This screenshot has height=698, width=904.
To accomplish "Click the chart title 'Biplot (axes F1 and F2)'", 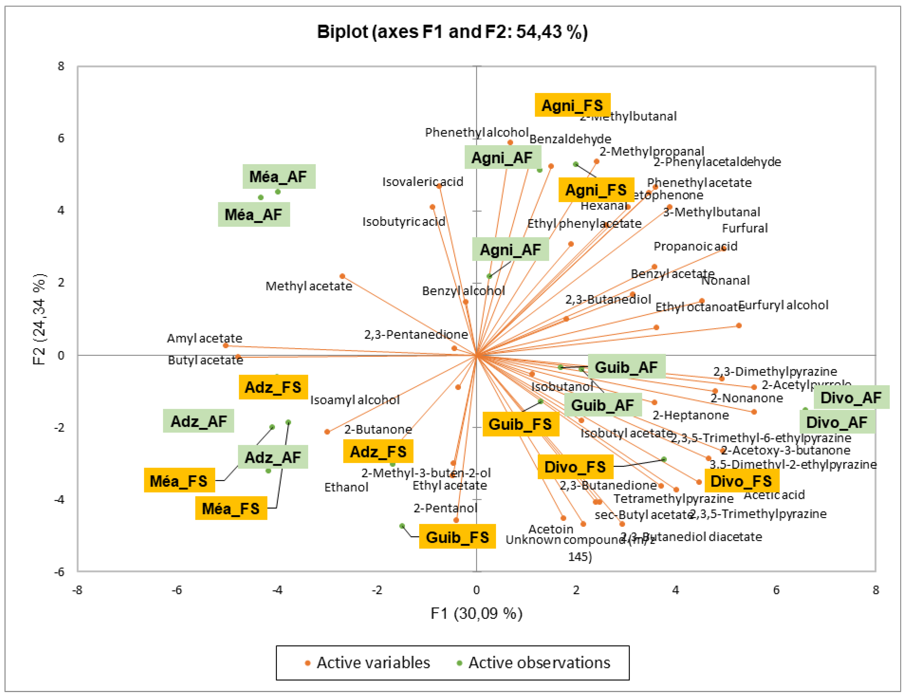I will click(x=452, y=32).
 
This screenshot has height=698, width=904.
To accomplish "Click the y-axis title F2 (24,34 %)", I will click(x=39, y=319).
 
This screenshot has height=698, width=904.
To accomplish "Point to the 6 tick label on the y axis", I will click(x=61, y=138).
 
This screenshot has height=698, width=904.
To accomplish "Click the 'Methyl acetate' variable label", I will click(x=309, y=286).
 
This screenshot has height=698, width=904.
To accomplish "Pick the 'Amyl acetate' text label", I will click(x=204, y=338).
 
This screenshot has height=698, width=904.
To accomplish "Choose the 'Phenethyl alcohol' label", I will click(x=477, y=133).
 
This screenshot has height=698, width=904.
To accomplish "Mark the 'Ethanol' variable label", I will click(x=346, y=487).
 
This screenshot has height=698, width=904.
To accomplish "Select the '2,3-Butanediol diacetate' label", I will click(x=691, y=537).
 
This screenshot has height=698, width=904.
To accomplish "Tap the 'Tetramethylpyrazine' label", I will click(x=673, y=499).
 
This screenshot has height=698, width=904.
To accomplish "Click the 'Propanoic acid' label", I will click(x=695, y=246).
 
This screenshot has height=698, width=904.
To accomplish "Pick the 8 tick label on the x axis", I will click(x=876, y=590).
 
